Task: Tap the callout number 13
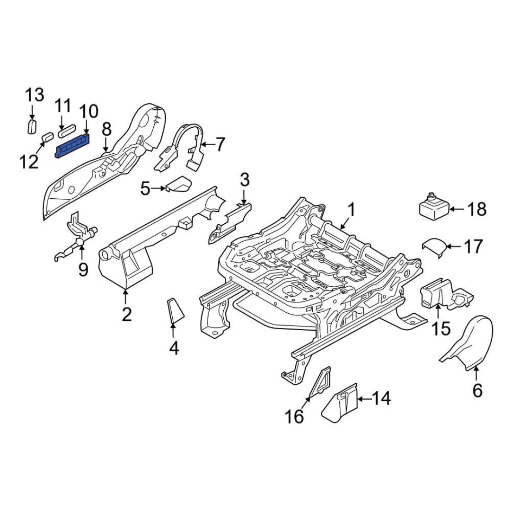(34, 95)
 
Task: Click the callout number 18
(476, 209)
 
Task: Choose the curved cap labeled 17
(434, 247)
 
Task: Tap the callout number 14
(381, 399)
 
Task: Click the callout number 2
(126, 313)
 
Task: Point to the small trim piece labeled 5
(178, 185)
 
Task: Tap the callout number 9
(83, 270)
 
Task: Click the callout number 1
(351, 209)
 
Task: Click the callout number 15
(441, 328)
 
